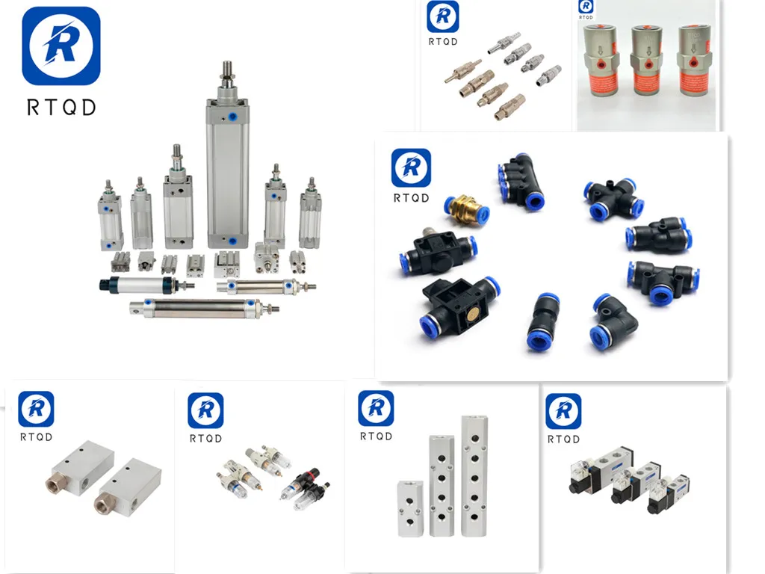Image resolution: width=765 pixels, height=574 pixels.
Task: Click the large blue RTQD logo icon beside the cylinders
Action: click(x=61, y=46)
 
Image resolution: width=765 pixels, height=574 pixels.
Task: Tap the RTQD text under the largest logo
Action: click(x=61, y=107)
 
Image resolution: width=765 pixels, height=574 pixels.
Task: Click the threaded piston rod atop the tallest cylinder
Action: click(x=226, y=75)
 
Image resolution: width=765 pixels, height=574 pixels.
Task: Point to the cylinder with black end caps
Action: click(x=142, y=284)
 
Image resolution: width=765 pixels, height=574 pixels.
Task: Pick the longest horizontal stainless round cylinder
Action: click(x=202, y=306)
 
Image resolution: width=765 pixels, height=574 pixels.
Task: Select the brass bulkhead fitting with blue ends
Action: click(x=463, y=211)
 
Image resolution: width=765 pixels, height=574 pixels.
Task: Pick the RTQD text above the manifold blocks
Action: click(x=376, y=436)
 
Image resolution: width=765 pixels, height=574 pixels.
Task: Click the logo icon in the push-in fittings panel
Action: click(x=411, y=167)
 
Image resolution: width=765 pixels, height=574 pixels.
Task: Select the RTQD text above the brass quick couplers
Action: click(x=443, y=41)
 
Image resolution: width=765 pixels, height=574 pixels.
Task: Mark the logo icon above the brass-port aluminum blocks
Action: click(x=37, y=409)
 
